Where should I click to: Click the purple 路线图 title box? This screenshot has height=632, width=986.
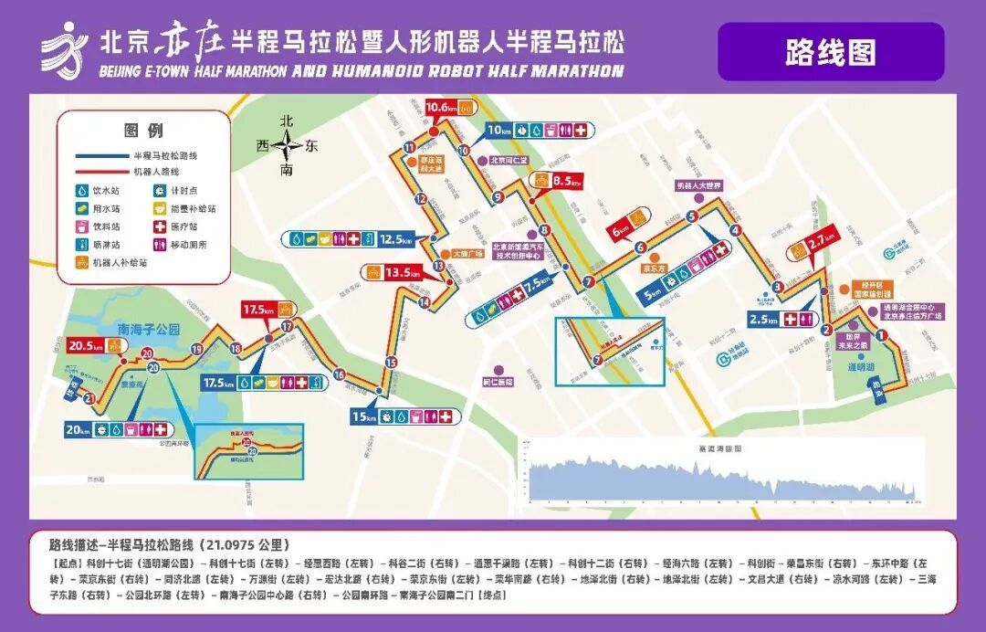[830, 52]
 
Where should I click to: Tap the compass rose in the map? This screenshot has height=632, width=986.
[288, 145]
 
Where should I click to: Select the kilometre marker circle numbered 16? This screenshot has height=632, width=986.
[340, 374]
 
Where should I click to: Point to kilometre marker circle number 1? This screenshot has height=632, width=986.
[881, 336]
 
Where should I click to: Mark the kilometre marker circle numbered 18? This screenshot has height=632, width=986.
[236, 348]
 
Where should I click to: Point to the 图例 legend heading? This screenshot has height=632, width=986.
[143, 131]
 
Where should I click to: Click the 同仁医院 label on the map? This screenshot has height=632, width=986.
[497, 382]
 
